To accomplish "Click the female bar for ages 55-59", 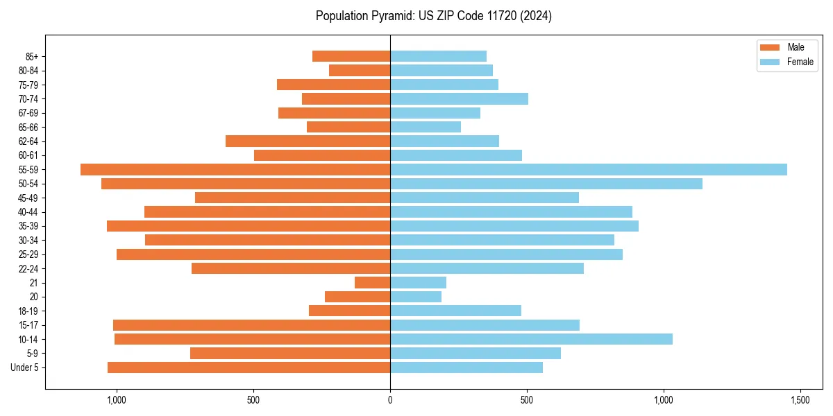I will (588, 170).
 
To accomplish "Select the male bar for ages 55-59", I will (235, 170).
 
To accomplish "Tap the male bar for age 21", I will (373, 283).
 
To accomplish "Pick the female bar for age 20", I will (416, 297).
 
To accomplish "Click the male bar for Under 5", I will (249, 367).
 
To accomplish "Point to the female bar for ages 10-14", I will (531, 339).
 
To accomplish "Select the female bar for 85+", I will (438, 56).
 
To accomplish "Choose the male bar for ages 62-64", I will (308, 141).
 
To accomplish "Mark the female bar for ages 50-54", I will (546, 184).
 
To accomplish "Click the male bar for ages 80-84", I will (360, 71).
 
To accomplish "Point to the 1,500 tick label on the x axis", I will (800, 400).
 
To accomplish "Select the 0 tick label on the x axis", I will (390, 400).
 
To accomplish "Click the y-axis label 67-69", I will (29, 113).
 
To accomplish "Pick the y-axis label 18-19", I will (29, 311).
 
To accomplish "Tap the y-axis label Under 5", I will (25, 367).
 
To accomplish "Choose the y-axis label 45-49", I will (29, 198).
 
